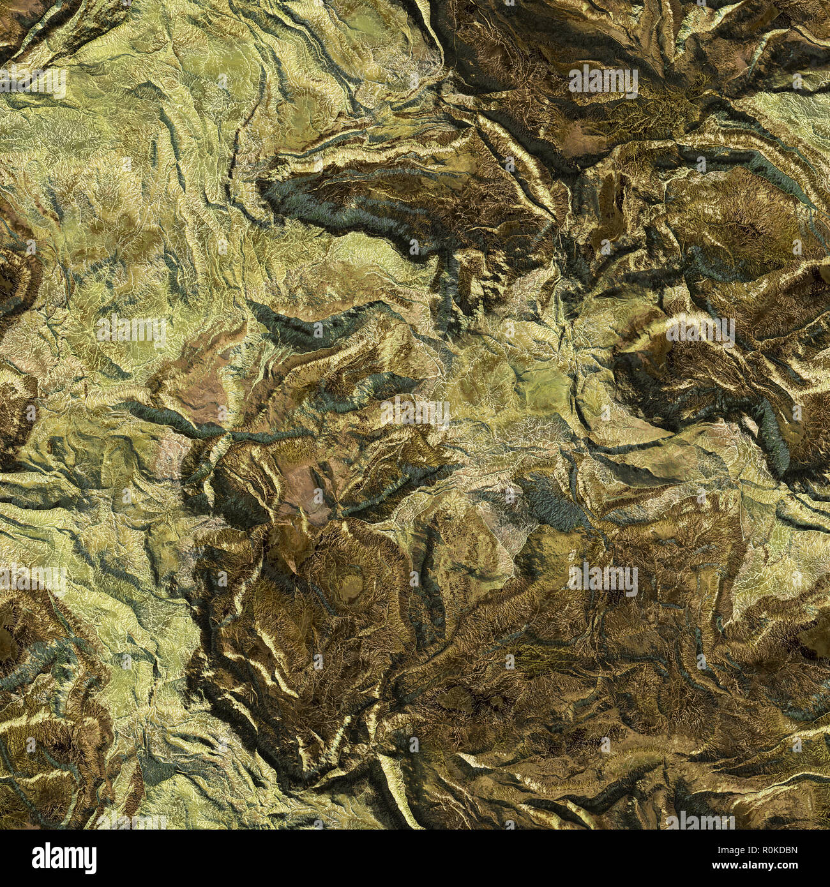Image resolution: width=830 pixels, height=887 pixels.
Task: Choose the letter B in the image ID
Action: click(x=799, y=847)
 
